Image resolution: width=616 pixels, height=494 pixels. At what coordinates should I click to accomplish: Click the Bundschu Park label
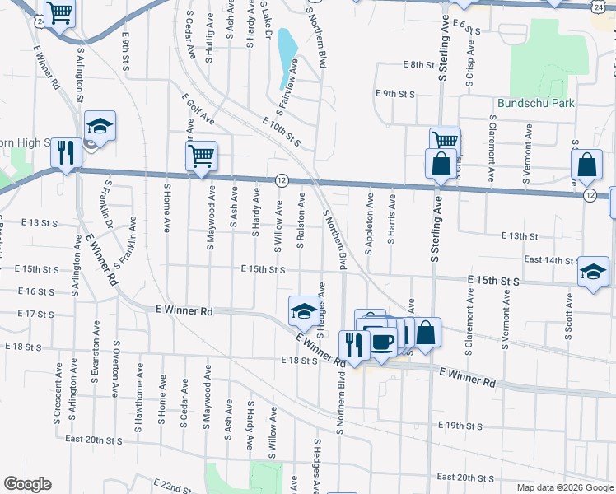pyautogui.click(x=536, y=103)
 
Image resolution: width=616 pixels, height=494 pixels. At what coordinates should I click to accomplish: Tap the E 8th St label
pyautogui.click(x=418, y=64)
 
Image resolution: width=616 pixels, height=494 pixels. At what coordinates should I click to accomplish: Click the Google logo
pyautogui.click(x=26, y=484)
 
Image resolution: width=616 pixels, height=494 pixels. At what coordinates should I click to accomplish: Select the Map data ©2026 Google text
pyautogui.click(x=565, y=487)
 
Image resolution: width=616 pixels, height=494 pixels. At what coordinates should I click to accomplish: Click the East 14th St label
pyautogui.click(x=548, y=259)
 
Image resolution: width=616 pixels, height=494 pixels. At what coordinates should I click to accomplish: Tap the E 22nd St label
pyautogui.click(x=173, y=482)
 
